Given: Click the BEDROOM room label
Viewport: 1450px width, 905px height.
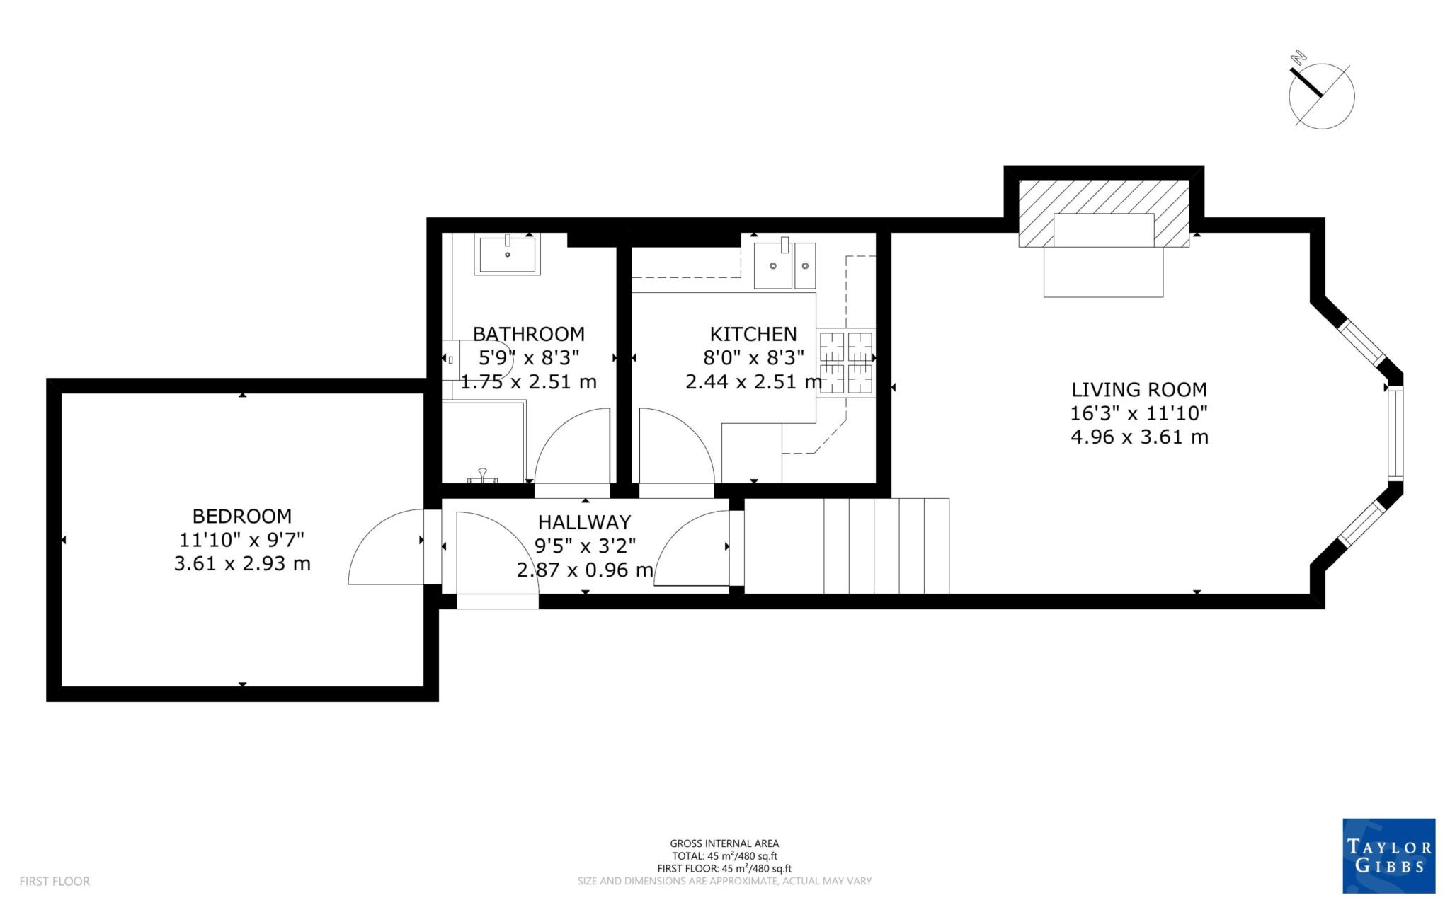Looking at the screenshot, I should [242, 516].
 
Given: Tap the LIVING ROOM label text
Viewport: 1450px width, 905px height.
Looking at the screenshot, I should [1138, 390].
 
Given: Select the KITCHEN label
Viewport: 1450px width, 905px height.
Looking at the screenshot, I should [753, 334].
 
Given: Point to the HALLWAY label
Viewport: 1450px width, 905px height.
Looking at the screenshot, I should [584, 522].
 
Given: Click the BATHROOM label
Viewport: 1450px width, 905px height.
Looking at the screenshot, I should [528, 334].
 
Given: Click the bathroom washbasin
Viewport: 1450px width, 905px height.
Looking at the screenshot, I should [507, 255].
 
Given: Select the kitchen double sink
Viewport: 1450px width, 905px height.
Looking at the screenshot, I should [784, 265].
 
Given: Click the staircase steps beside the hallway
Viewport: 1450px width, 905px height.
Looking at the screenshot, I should [885, 546].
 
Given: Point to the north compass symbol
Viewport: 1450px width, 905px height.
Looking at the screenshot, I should [1321, 97].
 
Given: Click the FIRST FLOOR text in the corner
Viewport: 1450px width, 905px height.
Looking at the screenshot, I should [55, 881].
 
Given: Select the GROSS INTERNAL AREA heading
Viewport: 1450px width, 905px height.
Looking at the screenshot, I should [724, 843].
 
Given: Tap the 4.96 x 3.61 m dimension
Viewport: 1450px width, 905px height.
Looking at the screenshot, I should [1138, 437].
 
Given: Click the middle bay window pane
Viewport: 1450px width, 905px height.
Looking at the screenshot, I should [1395, 434].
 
